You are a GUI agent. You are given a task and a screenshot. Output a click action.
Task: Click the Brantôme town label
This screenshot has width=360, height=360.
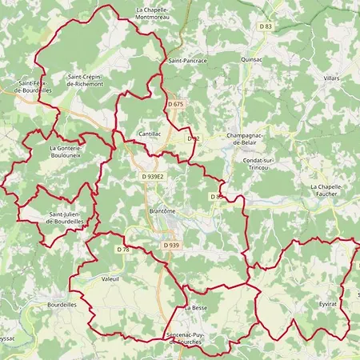pos(162,210)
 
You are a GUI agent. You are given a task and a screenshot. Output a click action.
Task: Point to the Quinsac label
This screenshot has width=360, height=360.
pos(252,59)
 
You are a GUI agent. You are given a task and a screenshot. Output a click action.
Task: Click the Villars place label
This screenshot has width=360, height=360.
pos(331,78)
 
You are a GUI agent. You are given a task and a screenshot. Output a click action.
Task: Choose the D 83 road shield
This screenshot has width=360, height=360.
pos(265,27)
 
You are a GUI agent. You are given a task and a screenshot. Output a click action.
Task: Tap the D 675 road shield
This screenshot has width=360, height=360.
pos(176,104)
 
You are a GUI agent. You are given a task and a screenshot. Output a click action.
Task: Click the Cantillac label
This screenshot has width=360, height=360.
pos(150,134)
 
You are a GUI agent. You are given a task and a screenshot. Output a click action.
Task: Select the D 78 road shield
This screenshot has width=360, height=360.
pos(122,250)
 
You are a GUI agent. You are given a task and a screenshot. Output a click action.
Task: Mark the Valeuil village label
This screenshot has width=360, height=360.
pos(111,279)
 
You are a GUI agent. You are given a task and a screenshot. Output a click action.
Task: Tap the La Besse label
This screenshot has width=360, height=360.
pos(195,307)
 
